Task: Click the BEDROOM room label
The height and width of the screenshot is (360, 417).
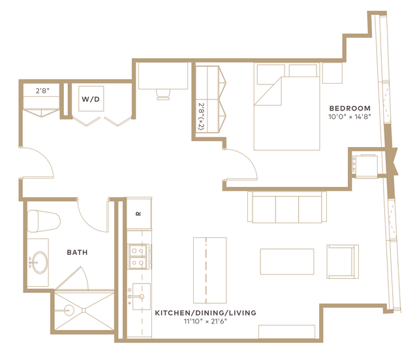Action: (x=350, y=108)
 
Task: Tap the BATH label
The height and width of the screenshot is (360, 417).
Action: (x=77, y=252)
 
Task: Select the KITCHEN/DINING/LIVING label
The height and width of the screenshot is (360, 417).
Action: (x=206, y=312)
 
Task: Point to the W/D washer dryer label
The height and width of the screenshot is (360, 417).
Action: (x=91, y=99)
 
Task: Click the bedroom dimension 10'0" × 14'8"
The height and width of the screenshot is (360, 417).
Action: (x=350, y=117)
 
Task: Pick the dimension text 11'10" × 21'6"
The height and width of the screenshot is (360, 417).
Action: (x=206, y=321)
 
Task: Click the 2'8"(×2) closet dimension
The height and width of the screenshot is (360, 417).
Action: (x=201, y=117)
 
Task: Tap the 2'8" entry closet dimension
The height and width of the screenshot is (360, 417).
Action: (x=42, y=91)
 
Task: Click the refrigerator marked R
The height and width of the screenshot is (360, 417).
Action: (x=139, y=213)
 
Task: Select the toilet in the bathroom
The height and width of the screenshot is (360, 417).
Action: (x=43, y=221)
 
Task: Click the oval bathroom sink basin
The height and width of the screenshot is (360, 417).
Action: (x=40, y=262)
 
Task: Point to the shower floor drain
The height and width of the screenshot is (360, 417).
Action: (x=84, y=310)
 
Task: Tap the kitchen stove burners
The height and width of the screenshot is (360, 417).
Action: (x=138, y=257)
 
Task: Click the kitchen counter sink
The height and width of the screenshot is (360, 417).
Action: (x=141, y=297)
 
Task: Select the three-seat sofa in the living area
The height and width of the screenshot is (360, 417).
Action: (x=287, y=207)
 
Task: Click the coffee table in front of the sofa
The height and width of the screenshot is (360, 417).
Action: (x=287, y=261)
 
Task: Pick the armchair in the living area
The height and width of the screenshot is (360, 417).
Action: (x=343, y=262)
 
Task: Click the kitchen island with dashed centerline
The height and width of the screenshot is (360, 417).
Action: (x=210, y=270)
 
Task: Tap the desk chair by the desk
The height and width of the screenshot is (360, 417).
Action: (x=163, y=95)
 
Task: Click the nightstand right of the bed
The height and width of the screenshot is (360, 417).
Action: (x=332, y=73)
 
